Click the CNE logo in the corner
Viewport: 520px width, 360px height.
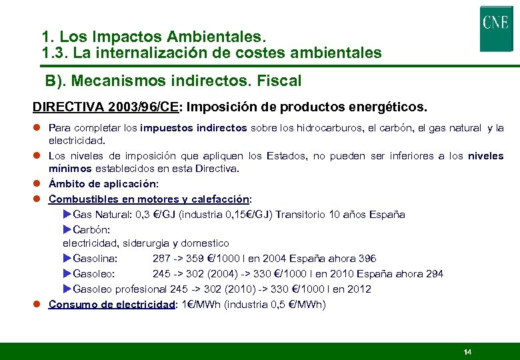[495, 28]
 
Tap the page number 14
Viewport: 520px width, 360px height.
[467, 352]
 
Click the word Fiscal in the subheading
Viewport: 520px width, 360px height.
[279, 81]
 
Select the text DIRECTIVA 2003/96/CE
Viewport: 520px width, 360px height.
[105, 107]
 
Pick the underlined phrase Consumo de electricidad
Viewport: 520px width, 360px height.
[111, 305]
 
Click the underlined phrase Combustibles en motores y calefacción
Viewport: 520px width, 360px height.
[149, 199]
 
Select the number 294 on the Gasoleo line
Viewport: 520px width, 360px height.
[433, 274]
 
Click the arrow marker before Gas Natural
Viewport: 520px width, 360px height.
[67, 215]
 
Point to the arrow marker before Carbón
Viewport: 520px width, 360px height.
[67, 229]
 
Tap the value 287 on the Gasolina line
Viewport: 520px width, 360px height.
[161, 259]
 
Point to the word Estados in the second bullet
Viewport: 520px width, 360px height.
[284, 156]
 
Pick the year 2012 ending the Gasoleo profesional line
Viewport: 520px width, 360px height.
[359, 289]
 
